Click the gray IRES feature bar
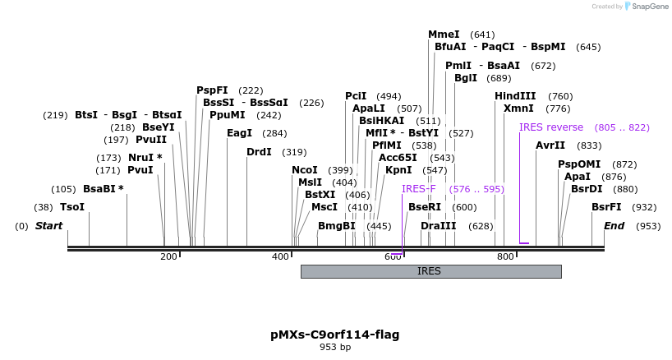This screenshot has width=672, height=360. click(x=430, y=271)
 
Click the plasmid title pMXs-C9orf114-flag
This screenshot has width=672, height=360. click(x=334, y=335)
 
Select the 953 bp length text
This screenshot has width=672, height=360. click(x=334, y=348)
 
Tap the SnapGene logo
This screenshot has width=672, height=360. click(x=645, y=7)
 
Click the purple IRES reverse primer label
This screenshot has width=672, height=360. click(x=550, y=127)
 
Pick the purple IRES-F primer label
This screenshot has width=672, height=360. click(x=418, y=189)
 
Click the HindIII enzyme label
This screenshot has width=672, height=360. click(x=515, y=96)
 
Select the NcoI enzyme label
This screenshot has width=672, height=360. click(x=304, y=170)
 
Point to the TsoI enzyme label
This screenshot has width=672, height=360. click(x=72, y=207)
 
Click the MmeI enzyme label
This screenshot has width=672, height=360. click(x=444, y=35)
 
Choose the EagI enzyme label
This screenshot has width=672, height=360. click(x=239, y=133)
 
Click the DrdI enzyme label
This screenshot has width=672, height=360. click(x=259, y=152)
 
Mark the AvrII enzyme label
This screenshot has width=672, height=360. click(x=550, y=145)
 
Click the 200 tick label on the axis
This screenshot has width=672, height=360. click(x=168, y=257)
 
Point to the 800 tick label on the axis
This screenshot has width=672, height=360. click(x=504, y=257)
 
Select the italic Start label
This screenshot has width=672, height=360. click(x=48, y=226)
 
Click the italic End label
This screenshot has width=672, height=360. click(x=614, y=226)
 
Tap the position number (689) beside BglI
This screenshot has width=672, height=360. click(x=499, y=78)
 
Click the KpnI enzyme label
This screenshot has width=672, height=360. click(x=398, y=170)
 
